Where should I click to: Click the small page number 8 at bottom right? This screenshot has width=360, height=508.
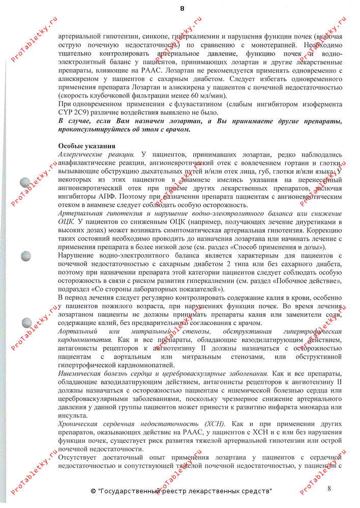click(x=329, y=489)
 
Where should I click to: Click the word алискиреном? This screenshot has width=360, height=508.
click(x=77, y=80)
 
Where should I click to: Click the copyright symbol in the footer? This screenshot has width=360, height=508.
click(x=94, y=492)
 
